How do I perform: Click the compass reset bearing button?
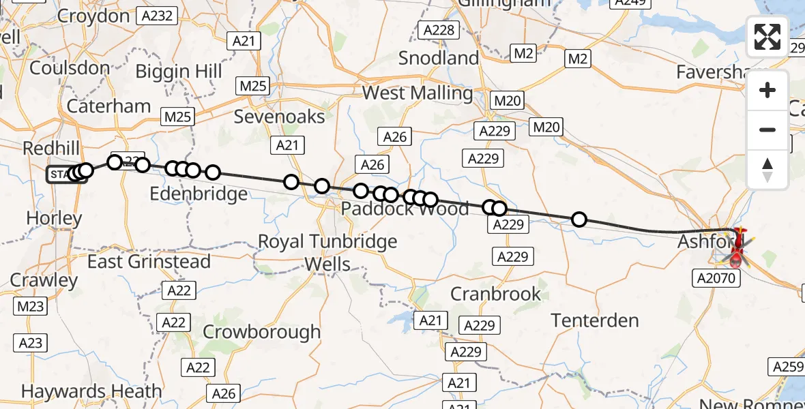tap(767, 170)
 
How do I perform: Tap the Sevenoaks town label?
tap(279, 117)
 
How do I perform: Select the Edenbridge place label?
tap(198, 195)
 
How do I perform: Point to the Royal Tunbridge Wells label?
tap(327, 252)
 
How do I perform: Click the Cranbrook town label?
tap(495, 294)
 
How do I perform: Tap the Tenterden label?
tap(595, 320)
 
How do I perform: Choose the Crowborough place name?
tap(261, 332)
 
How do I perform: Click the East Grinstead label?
tap(149, 262)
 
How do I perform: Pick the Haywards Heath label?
tap(91, 391)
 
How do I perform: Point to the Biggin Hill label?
tap(179, 72)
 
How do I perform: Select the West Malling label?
tap(417, 93)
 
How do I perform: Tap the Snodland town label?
tap(439, 58)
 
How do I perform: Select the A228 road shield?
tap(438, 30)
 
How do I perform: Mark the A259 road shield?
tap(788, 367)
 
